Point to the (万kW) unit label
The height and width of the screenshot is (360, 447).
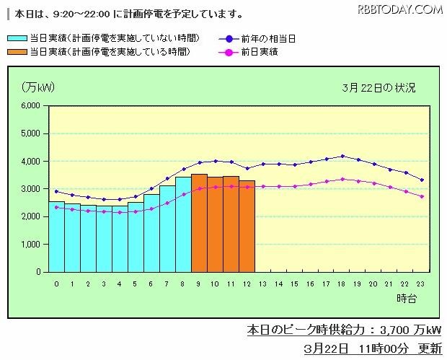pyautogui.click(x=37, y=87)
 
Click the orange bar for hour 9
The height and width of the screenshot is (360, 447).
pyautogui.click(x=199, y=224)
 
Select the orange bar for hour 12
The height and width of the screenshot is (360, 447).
pyautogui.click(x=247, y=227)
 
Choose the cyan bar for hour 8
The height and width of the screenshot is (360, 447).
pyautogui.click(x=183, y=224)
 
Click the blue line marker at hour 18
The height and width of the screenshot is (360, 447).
pyautogui.click(x=342, y=156)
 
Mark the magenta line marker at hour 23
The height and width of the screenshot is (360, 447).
pyautogui.click(x=422, y=196)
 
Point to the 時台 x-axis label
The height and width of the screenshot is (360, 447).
pyautogui.click(x=406, y=297)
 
